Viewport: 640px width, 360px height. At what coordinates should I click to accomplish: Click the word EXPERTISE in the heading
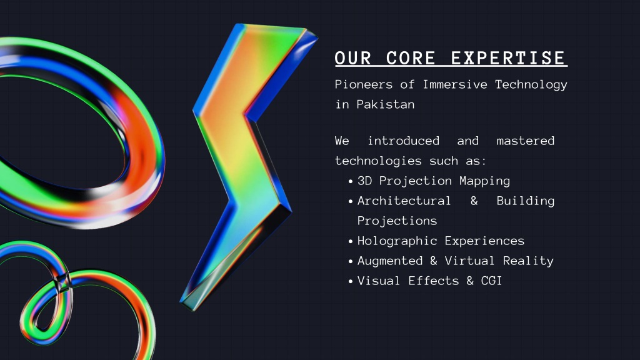(x=509, y=58)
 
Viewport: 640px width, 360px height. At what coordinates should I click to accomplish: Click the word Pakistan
(x=385, y=104)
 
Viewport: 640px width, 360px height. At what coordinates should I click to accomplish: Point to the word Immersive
(x=455, y=84)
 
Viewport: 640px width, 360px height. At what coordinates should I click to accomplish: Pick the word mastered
(x=525, y=141)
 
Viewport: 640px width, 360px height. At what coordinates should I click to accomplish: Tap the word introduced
(x=403, y=141)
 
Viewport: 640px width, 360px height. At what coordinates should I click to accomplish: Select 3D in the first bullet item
(x=364, y=181)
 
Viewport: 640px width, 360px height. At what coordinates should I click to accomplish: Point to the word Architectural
(x=404, y=201)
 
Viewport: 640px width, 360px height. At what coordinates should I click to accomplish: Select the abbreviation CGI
(x=491, y=281)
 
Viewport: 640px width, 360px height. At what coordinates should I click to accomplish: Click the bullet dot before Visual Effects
(x=351, y=282)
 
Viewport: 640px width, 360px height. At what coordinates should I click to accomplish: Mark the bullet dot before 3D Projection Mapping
(x=351, y=182)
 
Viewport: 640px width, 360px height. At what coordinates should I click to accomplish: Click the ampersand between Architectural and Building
(x=474, y=201)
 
